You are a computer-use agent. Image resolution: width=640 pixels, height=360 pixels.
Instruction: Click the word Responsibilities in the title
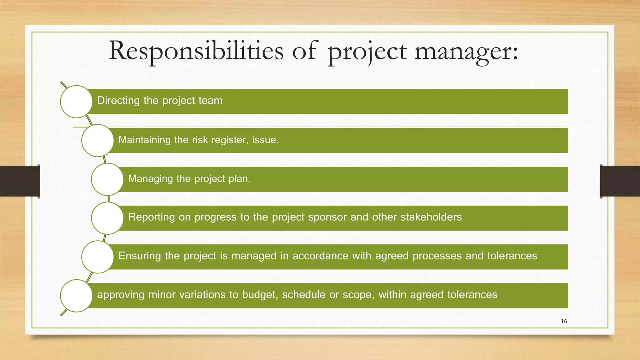196,51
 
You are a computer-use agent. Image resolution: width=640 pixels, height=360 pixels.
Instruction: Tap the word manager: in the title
466,51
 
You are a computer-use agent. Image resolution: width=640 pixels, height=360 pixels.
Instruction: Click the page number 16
564,321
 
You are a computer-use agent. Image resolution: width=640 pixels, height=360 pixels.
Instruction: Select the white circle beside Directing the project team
76,102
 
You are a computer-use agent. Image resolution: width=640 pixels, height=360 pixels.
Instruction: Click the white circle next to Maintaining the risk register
97,140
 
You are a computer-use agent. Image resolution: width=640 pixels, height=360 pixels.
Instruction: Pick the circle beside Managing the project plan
107,179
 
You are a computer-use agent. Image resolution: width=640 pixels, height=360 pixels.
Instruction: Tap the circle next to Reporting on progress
107,218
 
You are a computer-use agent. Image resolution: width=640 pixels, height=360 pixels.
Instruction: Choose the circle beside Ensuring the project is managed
97,257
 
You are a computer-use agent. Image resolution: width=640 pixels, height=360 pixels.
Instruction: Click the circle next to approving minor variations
76,296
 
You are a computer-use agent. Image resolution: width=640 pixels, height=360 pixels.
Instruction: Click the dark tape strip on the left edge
20,181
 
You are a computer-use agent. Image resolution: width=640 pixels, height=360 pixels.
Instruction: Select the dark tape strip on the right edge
620,181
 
